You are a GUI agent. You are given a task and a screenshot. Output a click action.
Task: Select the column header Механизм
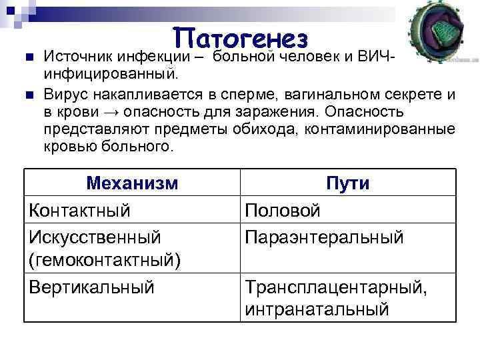[133, 183]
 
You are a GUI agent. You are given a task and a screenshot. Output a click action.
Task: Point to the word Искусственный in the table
[95, 236]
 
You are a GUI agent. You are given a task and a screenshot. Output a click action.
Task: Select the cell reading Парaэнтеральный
[325, 236]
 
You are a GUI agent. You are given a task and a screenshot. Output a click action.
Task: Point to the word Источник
[79, 55]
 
